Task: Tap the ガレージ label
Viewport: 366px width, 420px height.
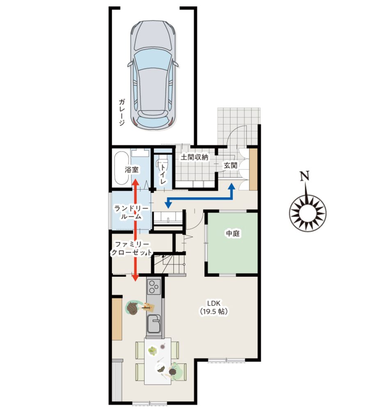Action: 121,112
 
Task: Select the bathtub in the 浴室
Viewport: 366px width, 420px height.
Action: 121,168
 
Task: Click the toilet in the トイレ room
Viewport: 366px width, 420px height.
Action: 162,162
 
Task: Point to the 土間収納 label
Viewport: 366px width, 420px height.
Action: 194,157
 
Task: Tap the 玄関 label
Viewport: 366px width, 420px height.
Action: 231,166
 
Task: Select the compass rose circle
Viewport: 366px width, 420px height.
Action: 308,213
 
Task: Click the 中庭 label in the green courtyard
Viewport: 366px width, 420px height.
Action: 233,233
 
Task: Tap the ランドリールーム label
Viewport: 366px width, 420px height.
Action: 131,212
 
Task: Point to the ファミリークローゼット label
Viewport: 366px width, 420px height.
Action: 131,248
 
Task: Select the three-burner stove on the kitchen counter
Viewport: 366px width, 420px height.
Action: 154,287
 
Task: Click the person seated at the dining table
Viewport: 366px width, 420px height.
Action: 176,371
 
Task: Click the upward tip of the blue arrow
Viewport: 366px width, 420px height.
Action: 231,183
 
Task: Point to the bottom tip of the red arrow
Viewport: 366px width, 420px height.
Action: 135,281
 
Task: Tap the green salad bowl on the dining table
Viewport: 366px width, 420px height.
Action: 153,351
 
